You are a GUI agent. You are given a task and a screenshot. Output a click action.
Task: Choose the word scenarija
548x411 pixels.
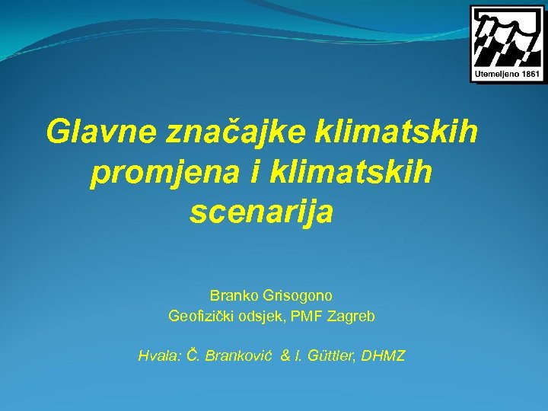tap(261, 213)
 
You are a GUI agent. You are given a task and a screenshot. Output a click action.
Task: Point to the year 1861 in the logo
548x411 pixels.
tap(527, 75)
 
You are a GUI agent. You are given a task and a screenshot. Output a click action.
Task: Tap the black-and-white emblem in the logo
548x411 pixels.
tap(507, 37)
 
